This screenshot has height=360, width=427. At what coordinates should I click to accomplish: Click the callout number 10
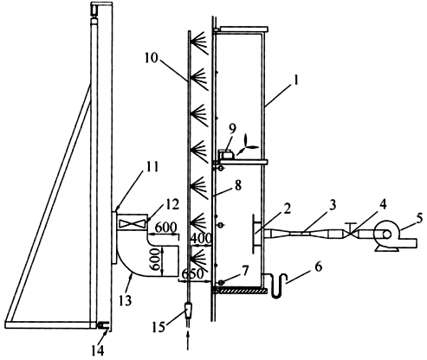tap(152, 58)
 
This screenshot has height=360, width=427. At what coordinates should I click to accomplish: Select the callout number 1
tap(295, 80)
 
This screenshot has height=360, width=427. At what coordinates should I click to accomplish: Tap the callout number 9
tap(232, 129)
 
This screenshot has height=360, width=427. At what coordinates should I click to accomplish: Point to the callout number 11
tap(152, 167)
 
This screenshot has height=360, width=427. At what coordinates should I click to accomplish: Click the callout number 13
tap(126, 300)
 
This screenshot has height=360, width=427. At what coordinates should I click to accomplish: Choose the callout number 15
tap(159, 326)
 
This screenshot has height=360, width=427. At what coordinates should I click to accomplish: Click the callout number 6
tap(318, 267)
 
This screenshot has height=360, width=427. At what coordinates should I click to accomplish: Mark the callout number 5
tap(419, 218)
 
